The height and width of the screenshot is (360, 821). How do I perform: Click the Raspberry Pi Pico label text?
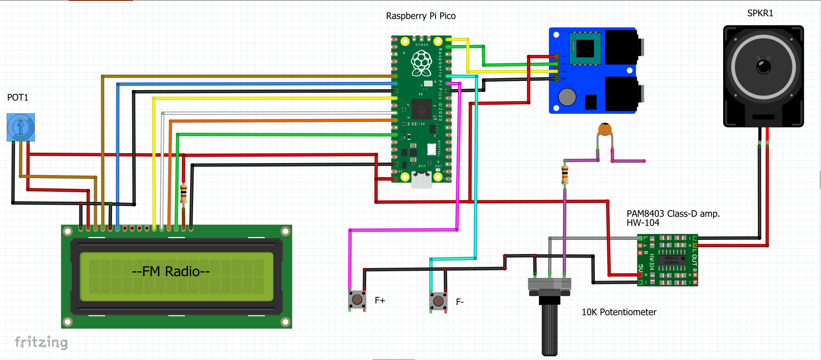point(421,16)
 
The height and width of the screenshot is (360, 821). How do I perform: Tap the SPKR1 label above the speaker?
point(760,13)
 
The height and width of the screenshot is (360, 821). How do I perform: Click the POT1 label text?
point(18,97)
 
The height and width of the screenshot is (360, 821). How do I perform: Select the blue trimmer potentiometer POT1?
point(21,127)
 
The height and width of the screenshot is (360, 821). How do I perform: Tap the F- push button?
point(438,301)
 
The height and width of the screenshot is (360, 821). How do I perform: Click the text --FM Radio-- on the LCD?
point(171,271)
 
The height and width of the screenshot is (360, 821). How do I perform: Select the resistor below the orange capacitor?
point(565,174)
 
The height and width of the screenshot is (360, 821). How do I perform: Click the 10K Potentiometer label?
point(618,312)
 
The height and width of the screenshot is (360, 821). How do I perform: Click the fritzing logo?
point(41,342)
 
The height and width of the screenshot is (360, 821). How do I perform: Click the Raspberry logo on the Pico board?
point(421,63)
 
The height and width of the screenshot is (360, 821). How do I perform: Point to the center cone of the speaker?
point(763,67)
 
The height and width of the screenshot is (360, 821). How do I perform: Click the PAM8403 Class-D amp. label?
point(673,214)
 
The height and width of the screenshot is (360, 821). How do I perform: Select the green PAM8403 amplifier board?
point(667,260)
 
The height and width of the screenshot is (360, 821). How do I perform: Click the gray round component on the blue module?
point(567,97)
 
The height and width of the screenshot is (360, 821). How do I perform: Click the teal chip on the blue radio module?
point(585,48)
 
